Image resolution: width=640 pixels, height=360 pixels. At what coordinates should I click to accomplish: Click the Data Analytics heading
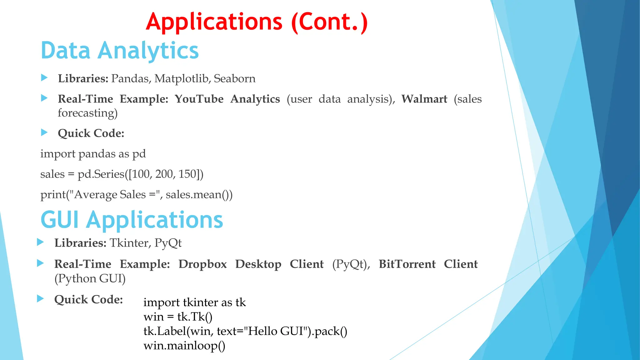[x=120, y=51]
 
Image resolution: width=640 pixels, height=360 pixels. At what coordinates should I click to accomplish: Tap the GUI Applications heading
[x=132, y=220]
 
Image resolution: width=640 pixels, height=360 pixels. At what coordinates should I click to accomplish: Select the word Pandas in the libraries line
[x=131, y=78]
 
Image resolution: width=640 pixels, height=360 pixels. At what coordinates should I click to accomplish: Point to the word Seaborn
[x=234, y=78]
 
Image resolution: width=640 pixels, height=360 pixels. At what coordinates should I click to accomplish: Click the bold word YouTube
[x=199, y=99]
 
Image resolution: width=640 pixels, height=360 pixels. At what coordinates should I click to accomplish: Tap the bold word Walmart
[x=424, y=99]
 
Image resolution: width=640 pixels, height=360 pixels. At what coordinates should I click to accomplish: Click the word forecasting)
[x=87, y=113]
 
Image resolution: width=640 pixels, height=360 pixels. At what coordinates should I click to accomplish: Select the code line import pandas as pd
[x=93, y=154]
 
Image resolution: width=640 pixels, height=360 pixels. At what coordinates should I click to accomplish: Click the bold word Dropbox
[x=202, y=264]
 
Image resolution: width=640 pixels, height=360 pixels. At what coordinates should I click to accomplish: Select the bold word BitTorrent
[x=407, y=264]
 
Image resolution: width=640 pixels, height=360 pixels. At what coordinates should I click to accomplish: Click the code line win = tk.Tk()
[x=178, y=317]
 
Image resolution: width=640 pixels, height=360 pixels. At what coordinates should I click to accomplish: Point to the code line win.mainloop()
[x=184, y=346]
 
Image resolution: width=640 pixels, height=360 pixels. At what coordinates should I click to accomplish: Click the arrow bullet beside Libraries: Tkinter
[x=40, y=242]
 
